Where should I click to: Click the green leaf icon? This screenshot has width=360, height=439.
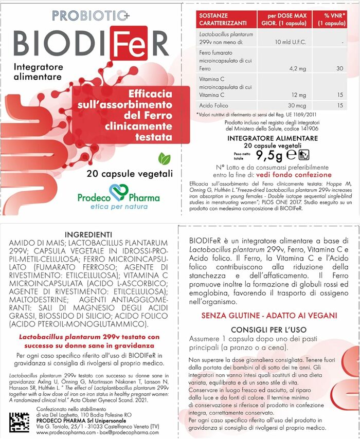click(x=165, y=159)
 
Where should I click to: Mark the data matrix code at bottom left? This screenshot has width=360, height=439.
click(x=21, y=420)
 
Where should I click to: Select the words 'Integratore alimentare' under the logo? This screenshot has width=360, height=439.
click(x=38, y=72)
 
